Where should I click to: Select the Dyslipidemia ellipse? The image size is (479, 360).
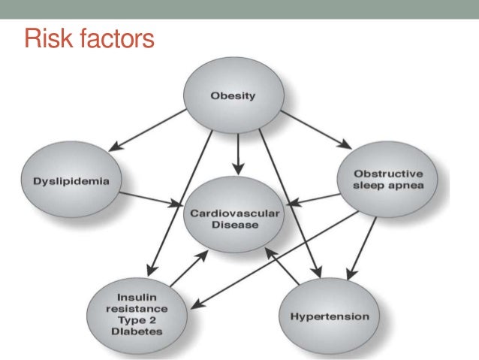(x=73, y=181)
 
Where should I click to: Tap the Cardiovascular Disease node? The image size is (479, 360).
(x=235, y=219)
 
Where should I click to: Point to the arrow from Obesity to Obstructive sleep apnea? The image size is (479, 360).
(x=316, y=128)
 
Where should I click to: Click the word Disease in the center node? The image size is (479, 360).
(x=234, y=224)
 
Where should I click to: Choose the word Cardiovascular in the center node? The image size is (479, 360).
(x=234, y=213)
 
